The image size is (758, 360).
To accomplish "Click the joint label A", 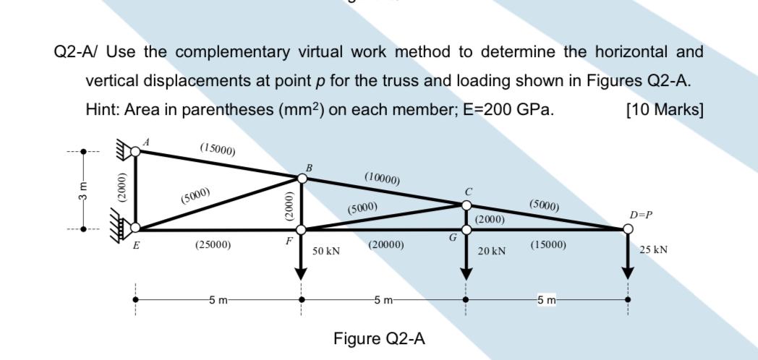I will coord(146,142).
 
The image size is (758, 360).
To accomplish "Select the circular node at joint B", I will coord(302,179).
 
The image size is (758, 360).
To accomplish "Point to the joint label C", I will coord(468,192).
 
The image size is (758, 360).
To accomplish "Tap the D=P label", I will coord(639,215).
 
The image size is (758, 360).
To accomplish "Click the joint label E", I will coord(135,245).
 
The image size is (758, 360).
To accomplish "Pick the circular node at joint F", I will coord(302,230).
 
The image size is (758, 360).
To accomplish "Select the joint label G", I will coord(453,237).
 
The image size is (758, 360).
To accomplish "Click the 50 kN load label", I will coord(325,251).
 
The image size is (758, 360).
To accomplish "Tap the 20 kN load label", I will coord(492,251).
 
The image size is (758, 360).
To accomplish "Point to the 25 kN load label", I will coord(654,250).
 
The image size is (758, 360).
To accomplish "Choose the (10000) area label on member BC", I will coord(383,177).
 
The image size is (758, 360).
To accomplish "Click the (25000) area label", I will coord(213,245).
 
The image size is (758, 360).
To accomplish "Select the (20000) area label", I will coord(386,245).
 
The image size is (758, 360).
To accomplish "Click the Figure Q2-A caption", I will coord(379,338).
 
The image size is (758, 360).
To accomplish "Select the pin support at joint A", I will coord(130,151).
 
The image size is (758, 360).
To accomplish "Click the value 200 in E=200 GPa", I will coord(501,110).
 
